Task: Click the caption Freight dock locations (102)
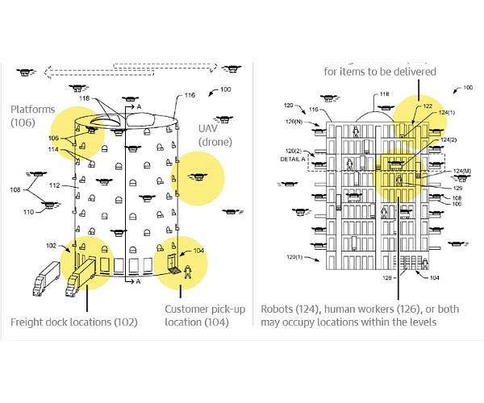[x=73, y=322]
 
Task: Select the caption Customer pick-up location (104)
[x=197, y=315]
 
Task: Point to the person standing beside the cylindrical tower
[x=187, y=272]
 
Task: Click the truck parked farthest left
[x=46, y=280]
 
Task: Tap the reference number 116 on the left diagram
[x=190, y=95]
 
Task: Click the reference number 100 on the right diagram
[x=467, y=86]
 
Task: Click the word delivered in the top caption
[x=411, y=71]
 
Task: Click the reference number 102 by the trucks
[x=51, y=246]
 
